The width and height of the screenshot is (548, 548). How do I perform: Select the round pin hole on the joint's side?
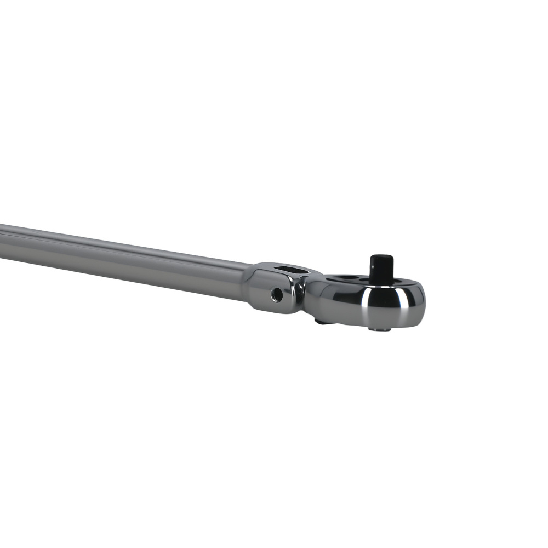tap(277, 294)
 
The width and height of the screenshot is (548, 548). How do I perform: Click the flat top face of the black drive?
tap(382, 257)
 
